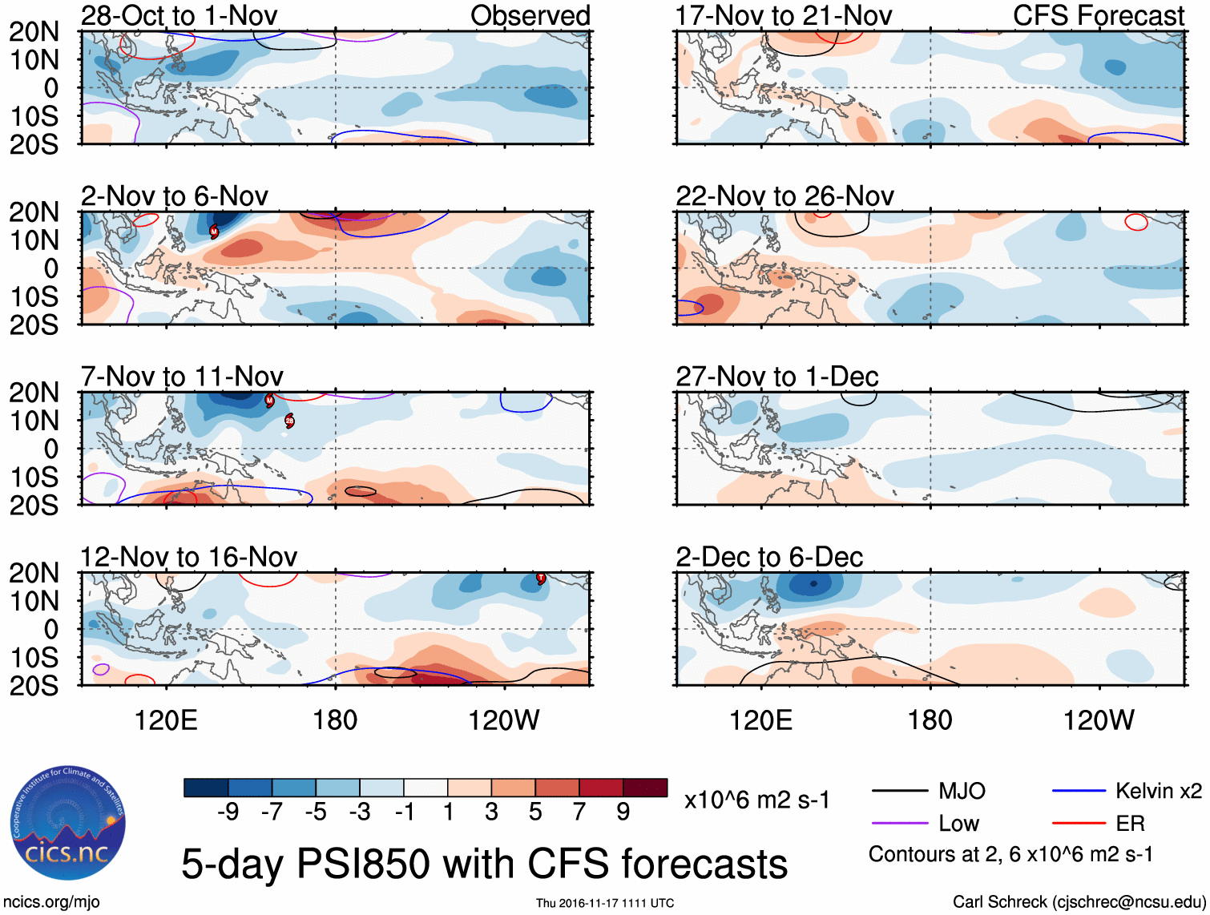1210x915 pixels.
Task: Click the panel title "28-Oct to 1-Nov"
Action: [179, 15]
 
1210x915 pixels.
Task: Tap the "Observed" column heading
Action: [530, 15]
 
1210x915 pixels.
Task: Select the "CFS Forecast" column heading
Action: [1098, 15]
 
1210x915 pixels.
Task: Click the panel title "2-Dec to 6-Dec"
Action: [769, 557]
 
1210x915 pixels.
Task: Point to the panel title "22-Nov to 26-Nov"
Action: [784, 196]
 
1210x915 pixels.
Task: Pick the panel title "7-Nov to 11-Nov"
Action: [182, 377]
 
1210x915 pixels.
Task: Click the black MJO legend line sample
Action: [899, 792]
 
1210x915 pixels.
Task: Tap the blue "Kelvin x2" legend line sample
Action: [1079, 792]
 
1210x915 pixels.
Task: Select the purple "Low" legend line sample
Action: [899, 824]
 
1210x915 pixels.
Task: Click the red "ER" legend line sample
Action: [1079, 824]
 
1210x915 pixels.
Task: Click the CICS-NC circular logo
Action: [68, 824]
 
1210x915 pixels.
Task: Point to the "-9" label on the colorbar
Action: [228, 812]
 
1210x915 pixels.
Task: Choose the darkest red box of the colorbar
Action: [645, 788]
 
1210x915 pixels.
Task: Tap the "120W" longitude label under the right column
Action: [1099, 720]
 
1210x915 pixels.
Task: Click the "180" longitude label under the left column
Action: [335, 720]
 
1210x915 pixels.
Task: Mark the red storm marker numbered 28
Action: [289, 421]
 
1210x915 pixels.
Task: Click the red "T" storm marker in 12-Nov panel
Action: [541, 578]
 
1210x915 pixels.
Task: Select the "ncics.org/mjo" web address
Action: [51, 902]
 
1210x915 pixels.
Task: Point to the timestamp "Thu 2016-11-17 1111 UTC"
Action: [605, 903]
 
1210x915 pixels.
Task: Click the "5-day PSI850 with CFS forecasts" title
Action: [484, 864]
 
